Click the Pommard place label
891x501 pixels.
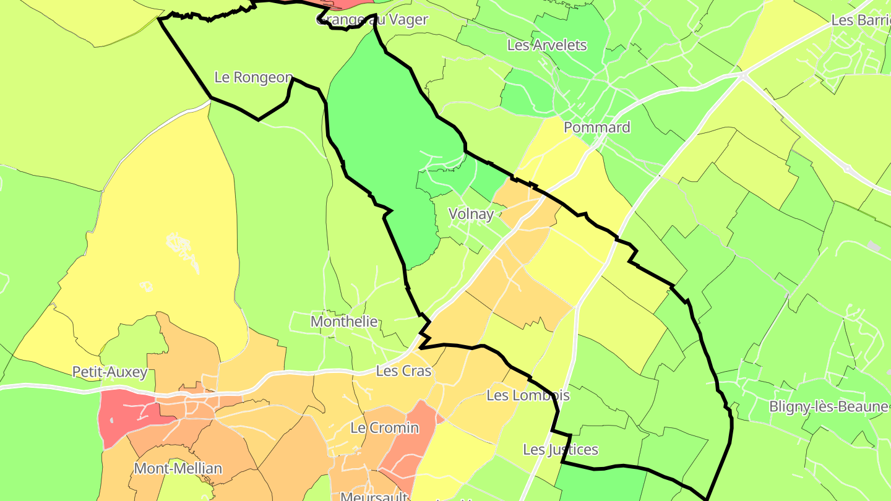[x=597, y=127]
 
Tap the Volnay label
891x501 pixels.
[x=471, y=214]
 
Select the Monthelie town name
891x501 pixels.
[x=344, y=322]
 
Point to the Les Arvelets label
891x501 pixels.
[x=547, y=45]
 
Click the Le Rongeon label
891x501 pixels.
[x=254, y=77]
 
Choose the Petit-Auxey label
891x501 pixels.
[x=110, y=372]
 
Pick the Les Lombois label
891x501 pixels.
[x=528, y=395]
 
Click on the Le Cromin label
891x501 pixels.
[x=385, y=427]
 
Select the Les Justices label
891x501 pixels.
[x=561, y=449]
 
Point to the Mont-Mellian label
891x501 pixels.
[x=178, y=468]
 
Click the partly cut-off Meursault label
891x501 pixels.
[x=374, y=496]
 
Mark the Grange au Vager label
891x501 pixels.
[x=372, y=20]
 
